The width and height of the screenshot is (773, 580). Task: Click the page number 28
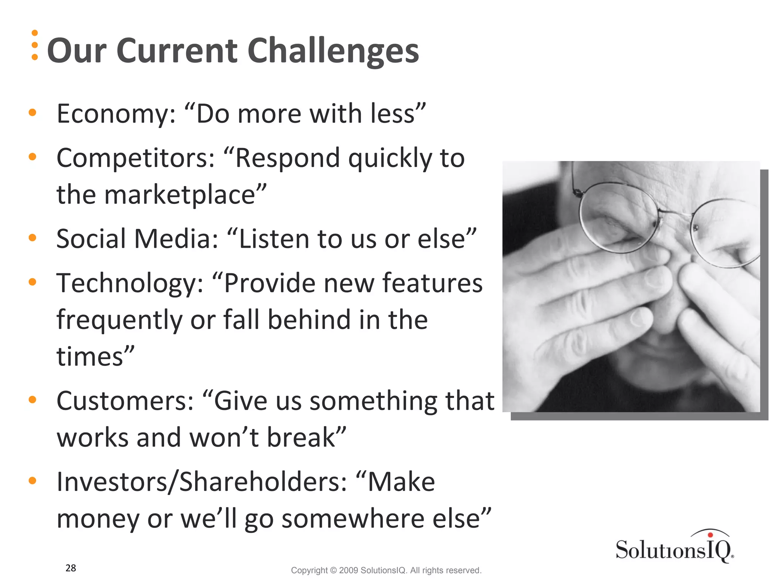click(71, 568)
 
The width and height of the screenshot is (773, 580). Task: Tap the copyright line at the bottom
click(386, 570)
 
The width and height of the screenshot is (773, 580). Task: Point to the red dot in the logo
click(710, 535)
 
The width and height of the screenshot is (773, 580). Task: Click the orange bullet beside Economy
click(32, 112)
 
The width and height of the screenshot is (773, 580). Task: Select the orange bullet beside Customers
click(32, 400)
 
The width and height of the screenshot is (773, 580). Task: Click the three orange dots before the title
click(35, 45)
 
